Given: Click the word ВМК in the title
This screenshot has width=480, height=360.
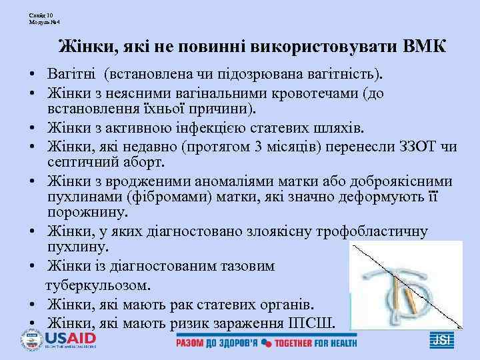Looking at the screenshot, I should coord(425,47).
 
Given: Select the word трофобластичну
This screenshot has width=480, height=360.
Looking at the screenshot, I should coord(371,231).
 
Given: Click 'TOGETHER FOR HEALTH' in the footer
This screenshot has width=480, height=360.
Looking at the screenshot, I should coord(316,343).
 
